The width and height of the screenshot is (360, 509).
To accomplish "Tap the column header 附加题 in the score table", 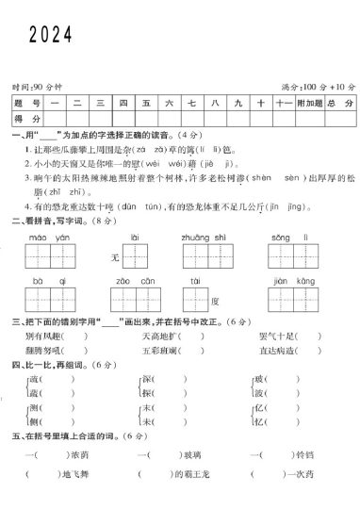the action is click(308, 102).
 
